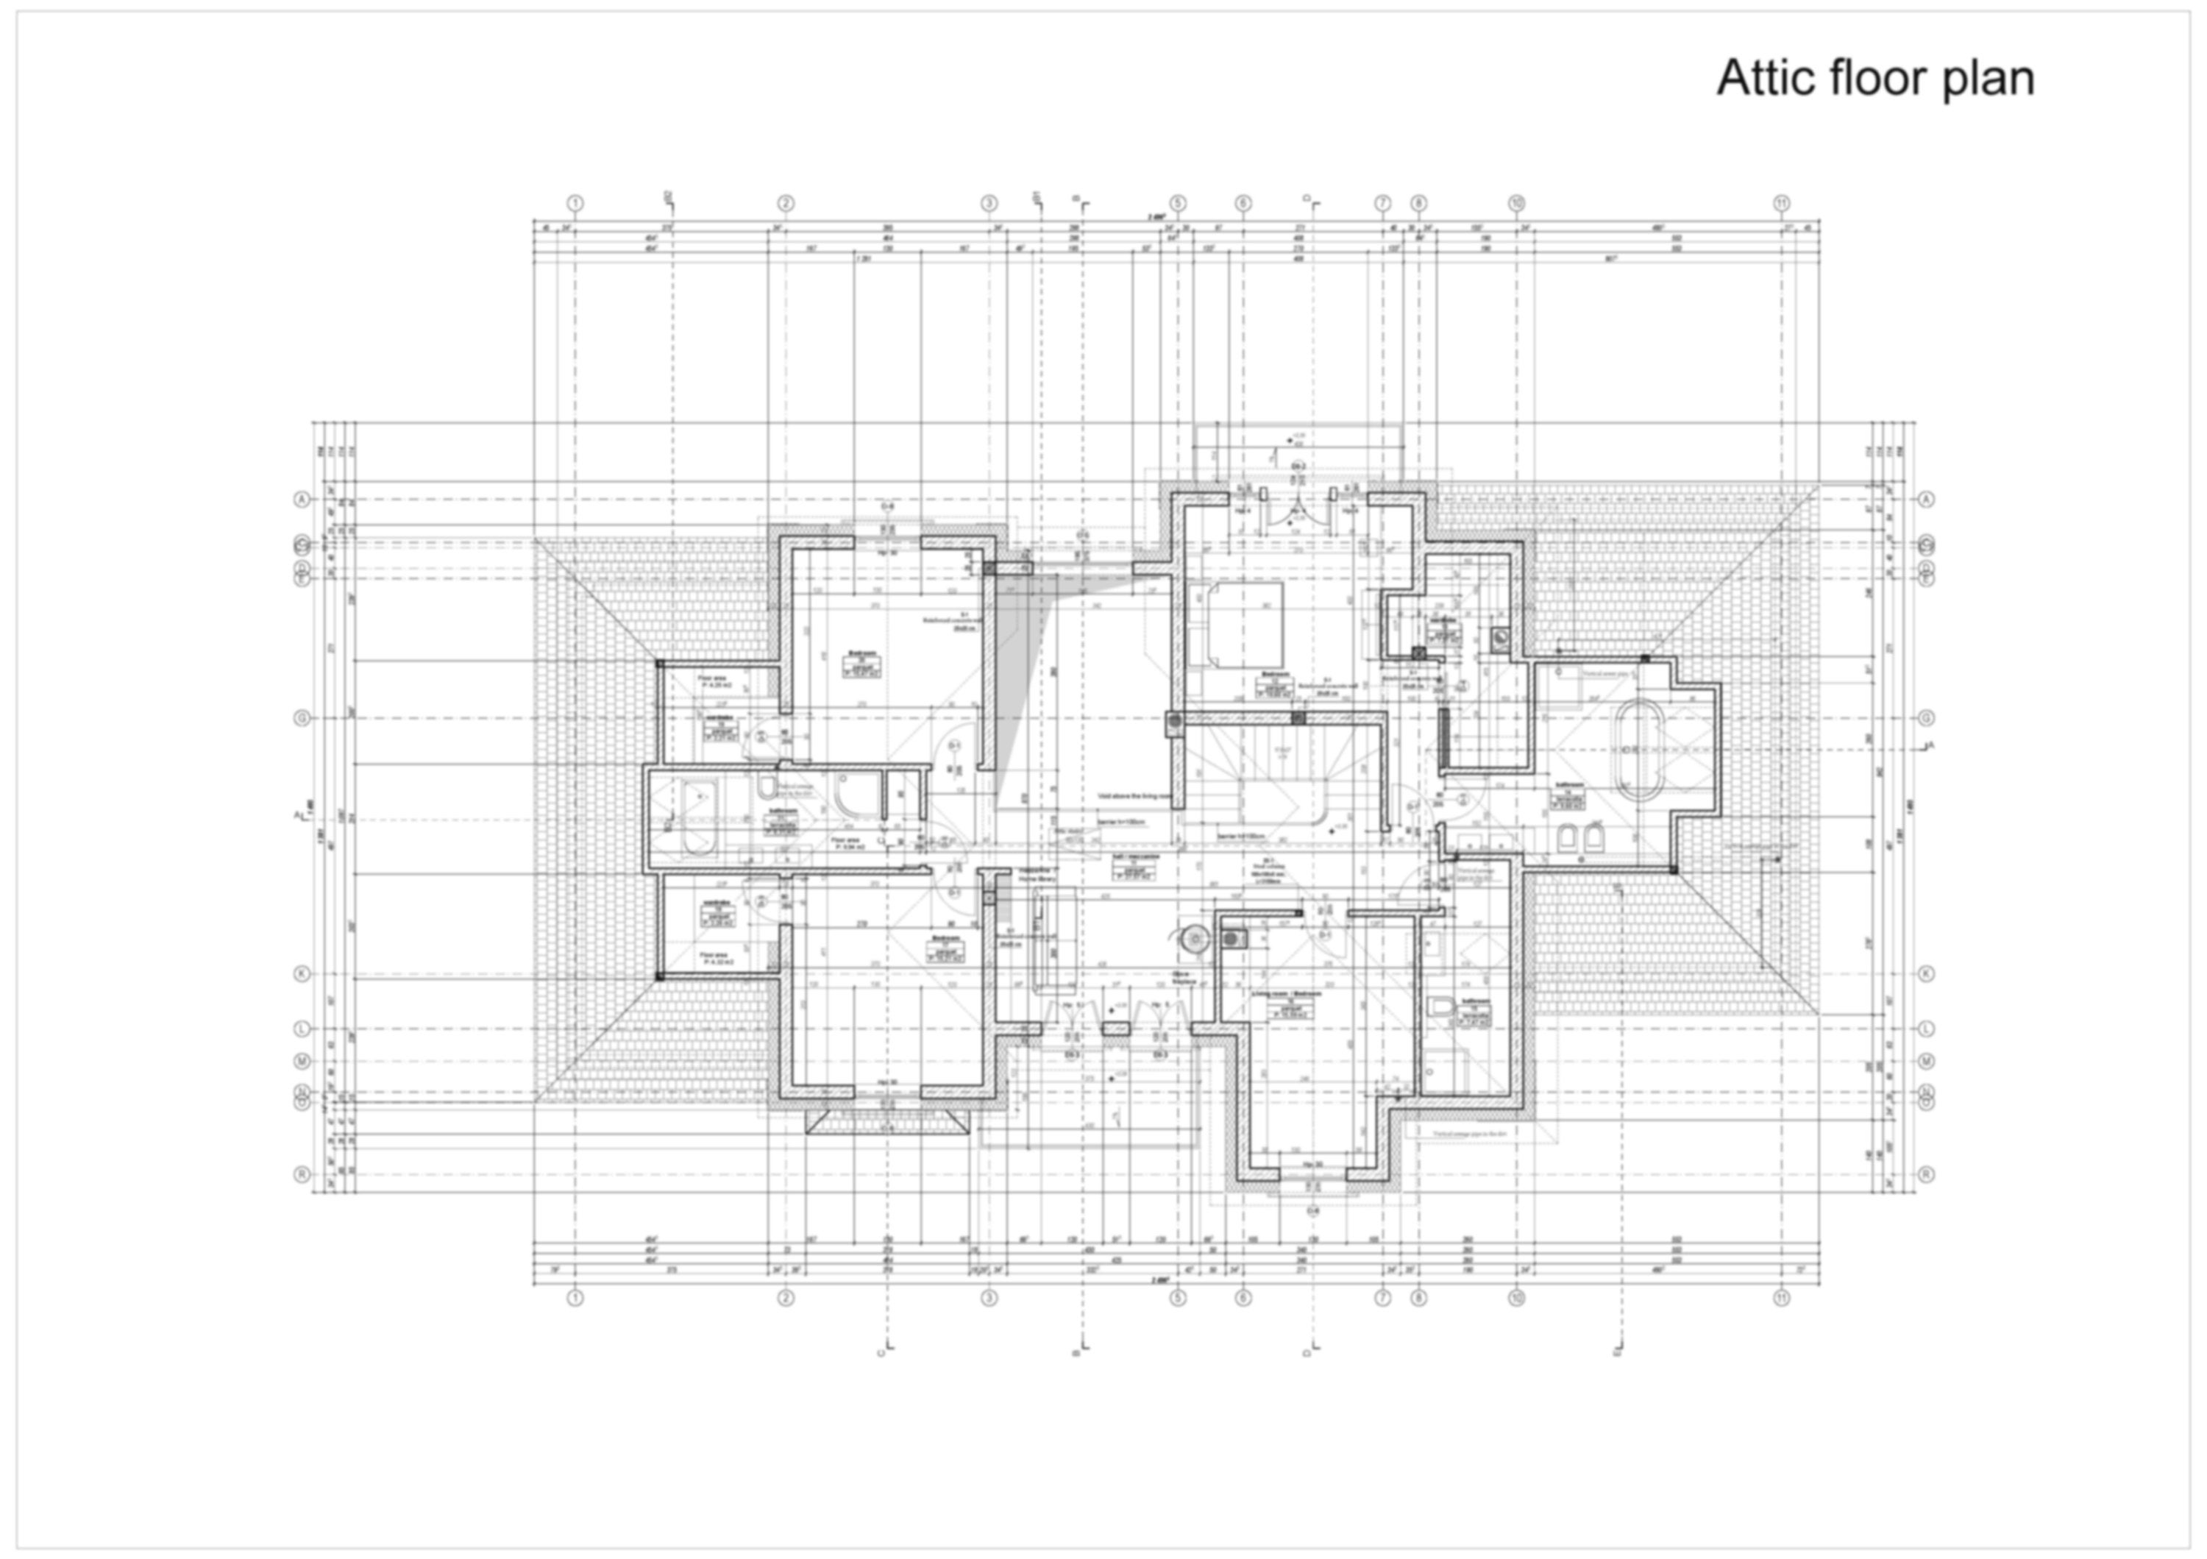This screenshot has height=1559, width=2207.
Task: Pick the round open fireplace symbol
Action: click(1193, 938)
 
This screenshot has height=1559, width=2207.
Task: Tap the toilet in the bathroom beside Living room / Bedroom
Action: click(1439, 1007)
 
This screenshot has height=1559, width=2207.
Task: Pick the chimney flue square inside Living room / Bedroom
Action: click(1232, 938)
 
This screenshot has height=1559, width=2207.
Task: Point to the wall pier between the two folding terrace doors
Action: click(1115, 1029)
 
